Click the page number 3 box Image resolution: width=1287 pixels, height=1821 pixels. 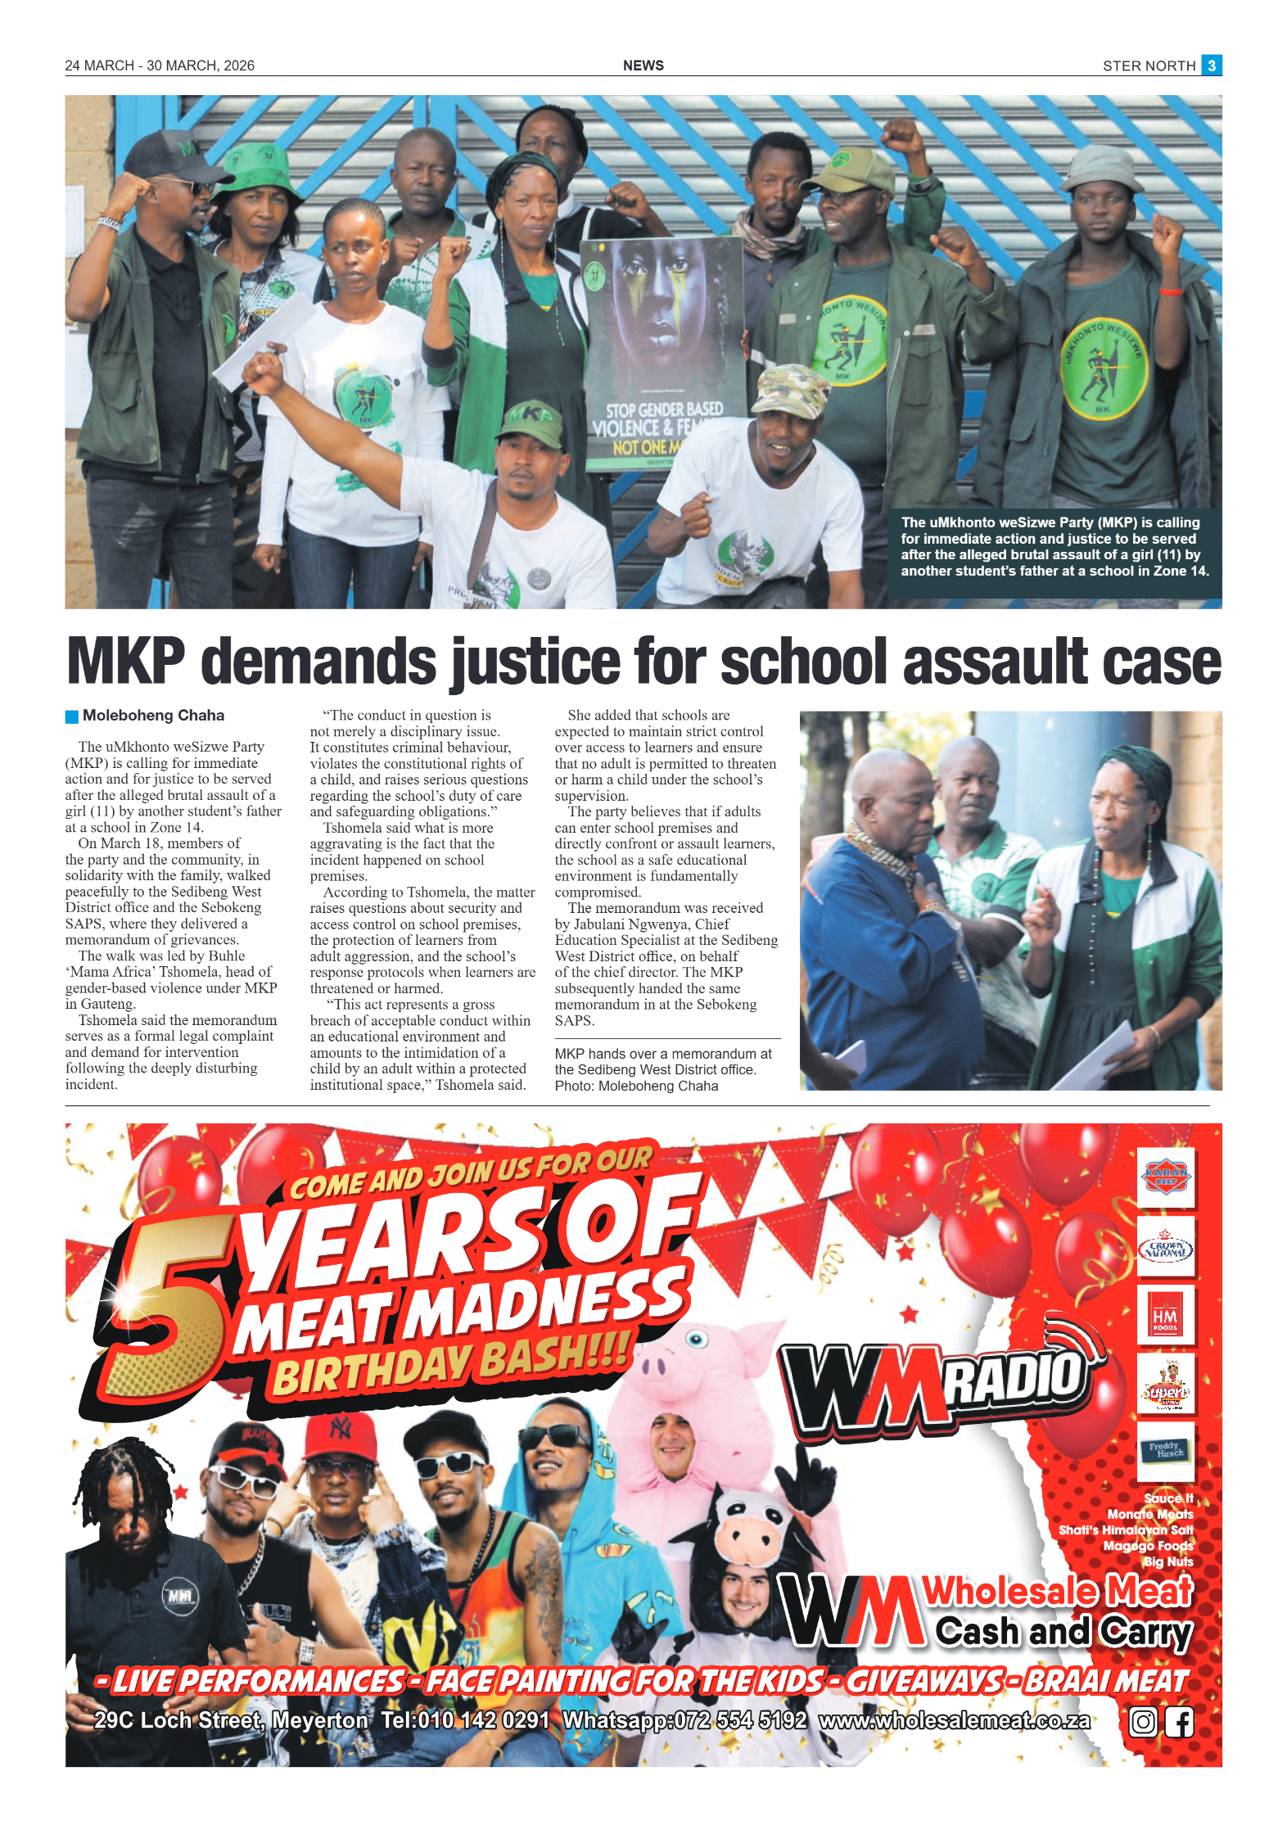click(1211, 65)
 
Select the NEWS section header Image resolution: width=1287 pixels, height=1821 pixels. click(643, 66)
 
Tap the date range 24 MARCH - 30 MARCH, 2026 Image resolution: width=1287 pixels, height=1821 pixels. click(160, 66)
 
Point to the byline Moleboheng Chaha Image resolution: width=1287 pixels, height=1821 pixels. click(153, 716)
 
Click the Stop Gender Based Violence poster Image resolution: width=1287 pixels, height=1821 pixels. click(662, 352)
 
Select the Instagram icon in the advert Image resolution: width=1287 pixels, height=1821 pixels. click(1143, 1722)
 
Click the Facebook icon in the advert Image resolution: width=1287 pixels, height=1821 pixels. click(1179, 1722)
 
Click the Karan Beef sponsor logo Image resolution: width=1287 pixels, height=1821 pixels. click(1165, 1177)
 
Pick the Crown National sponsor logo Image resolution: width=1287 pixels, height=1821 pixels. click(1165, 1246)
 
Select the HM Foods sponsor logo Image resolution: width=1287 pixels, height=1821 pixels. click(1165, 1315)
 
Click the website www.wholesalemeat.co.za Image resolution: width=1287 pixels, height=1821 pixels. click(954, 1721)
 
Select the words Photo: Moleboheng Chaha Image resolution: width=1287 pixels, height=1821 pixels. click(636, 1087)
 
